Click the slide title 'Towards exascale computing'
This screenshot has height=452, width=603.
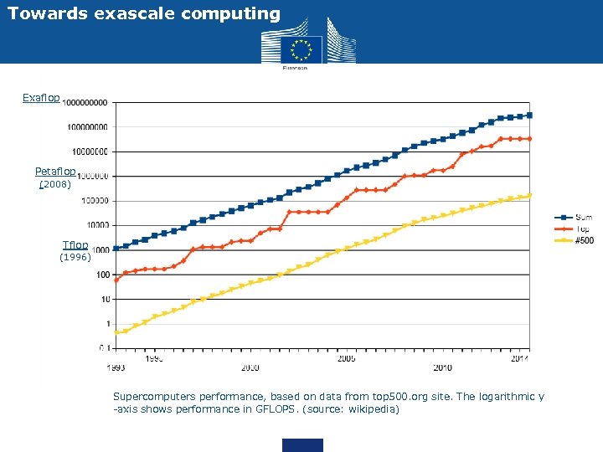pos(144,13)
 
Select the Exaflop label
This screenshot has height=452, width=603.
pos(41,99)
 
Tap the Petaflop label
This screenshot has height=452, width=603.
pos(55,172)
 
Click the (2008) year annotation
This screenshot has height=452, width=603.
pos(56,184)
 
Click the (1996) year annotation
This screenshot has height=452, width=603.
pos(75,258)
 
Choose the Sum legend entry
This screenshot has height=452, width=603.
pos(581,218)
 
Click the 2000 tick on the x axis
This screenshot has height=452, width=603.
pos(250,367)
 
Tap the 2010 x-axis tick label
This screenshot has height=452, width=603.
pos(443,367)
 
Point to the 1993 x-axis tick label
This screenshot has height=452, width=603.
pos(116,367)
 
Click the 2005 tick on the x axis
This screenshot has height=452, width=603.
pos(347,358)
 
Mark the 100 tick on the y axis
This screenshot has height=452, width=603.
pos(100,275)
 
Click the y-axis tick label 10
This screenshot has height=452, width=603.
pos(104,299)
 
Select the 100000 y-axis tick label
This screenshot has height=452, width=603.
pos(95,201)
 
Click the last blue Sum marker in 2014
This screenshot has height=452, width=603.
pos(529,116)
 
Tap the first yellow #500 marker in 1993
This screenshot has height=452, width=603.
pos(116,332)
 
